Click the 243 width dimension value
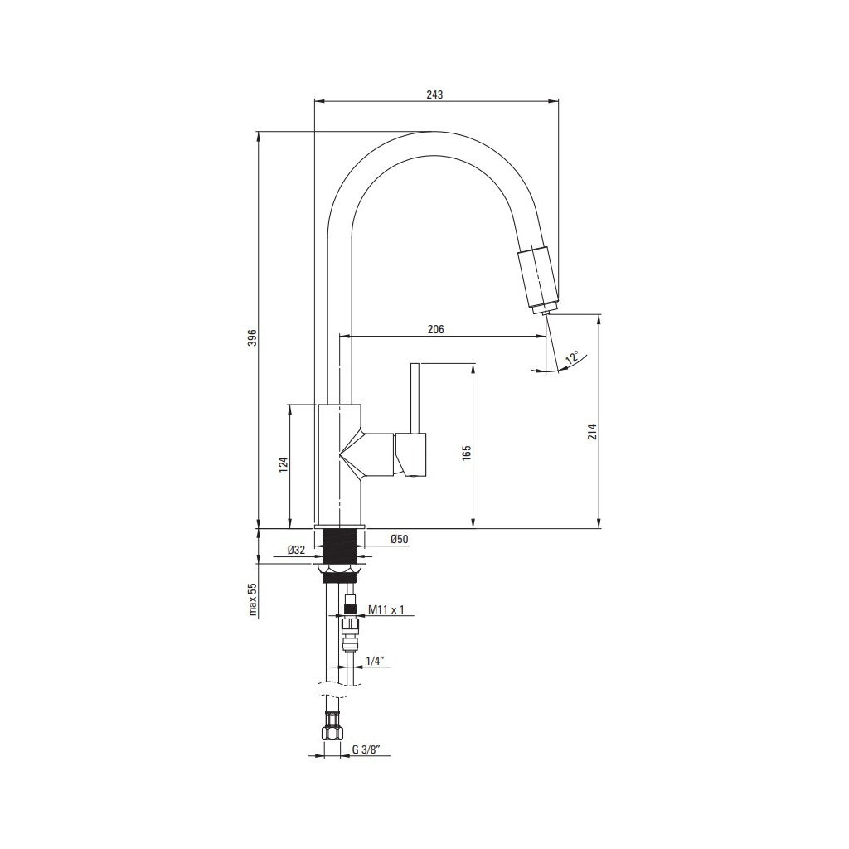(434, 95)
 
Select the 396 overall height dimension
(251, 337)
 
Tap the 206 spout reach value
(435, 329)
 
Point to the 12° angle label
(572, 357)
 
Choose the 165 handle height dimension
(467, 453)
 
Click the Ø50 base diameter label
(399, 539)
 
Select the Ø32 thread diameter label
(297, 551)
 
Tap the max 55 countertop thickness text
(252, 599)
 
